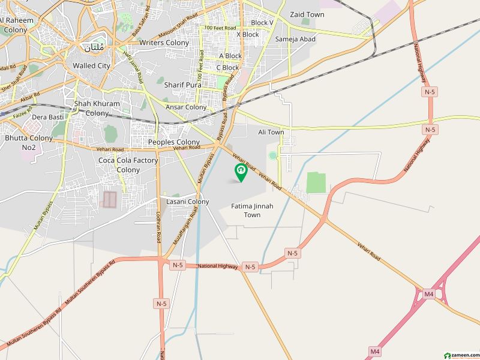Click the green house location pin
pyautogui.click(x=241, y=173)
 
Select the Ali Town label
pyautogui.click(x=271, y=132)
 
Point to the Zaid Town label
pyautogui.click(x=307, y=14)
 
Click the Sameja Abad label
pyautogui.click(x=295, y=39)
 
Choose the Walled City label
pyautogui.click(x=91, y=65)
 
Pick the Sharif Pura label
pyautogui.click(x=183, y=85)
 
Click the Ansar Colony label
pyautogui.click(x=186, y=107)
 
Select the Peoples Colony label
pyautogui.click(x=174, y=142)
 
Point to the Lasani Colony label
pyautogui.click(x=187, y=202)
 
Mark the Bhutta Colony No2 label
pyautogui.click(x=28, y=142)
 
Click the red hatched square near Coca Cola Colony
pyautogui.click(x=109, y=199)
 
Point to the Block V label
pyautogui.click(x=262, y=23)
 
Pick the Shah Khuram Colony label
pyautogui.click(x=97, y=108)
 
